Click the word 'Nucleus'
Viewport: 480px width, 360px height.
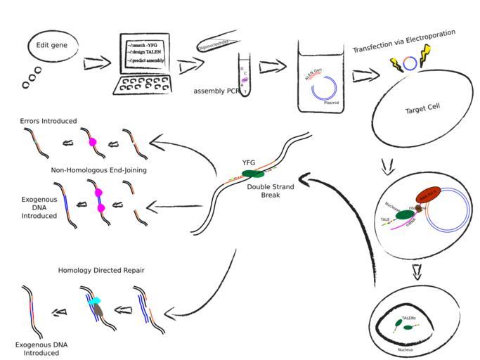pyautogui.click(x=406, y=349)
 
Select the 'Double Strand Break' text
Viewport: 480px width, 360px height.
pyautogui.click(x=270, y=191)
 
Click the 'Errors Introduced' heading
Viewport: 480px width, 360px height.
pyautogui.click(x=48, y=121)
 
